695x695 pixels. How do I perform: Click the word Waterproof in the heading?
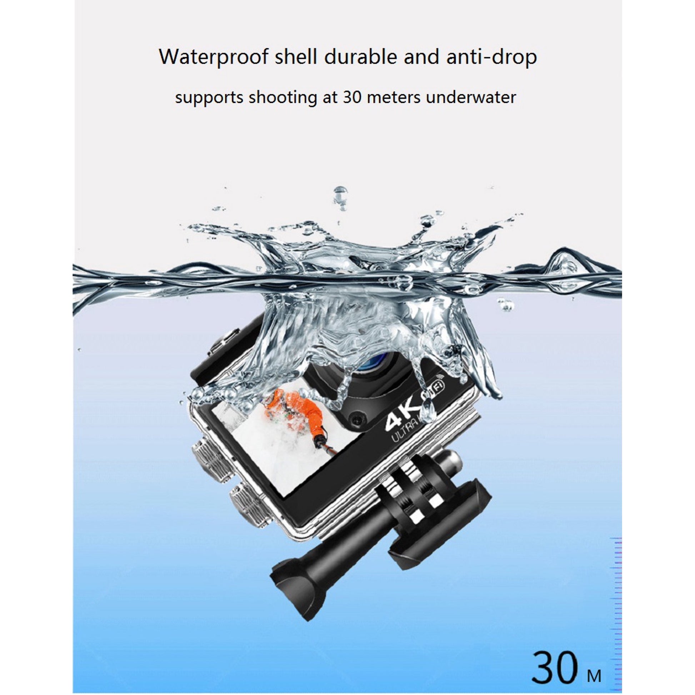pyautogui.click(x=214, y=57)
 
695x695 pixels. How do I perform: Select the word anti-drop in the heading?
pyautogui.click(x=491, y=57)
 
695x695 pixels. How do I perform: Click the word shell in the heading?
pyautogui.click(x=296, y=56)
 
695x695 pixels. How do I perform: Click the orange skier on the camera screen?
pyautogui.click(x=295, y=406)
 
